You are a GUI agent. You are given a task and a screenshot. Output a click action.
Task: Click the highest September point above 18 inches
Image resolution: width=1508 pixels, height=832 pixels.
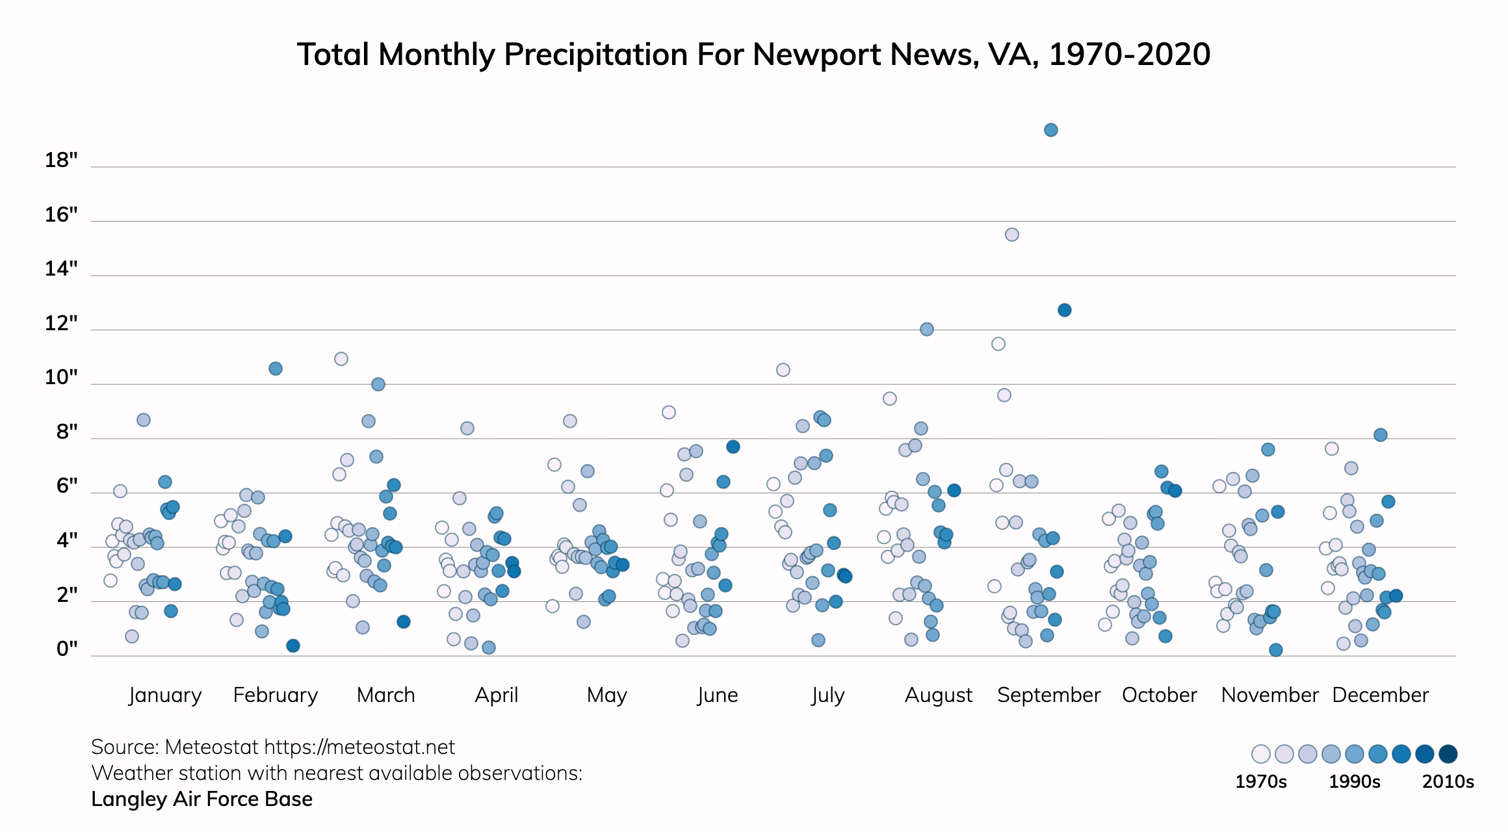tap(1050, 130)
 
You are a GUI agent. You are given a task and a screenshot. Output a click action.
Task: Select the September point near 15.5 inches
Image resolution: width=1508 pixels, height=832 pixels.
tap(1011, 235)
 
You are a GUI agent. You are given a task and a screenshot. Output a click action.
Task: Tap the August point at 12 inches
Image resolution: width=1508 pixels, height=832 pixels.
tap(927, 330)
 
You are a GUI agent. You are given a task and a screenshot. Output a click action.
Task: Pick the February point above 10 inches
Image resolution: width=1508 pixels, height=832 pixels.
tap(276, 369)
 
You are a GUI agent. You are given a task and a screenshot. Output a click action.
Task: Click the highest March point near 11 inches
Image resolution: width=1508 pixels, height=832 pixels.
tap(341, 359)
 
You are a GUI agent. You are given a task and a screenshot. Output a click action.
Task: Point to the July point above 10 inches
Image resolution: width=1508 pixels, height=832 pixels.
tap(783, 370)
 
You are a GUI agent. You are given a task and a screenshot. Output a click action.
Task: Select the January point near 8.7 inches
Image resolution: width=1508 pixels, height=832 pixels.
tap(144, 420)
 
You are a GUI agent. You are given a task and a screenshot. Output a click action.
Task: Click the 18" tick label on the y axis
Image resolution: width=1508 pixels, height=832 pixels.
tap(61, 160)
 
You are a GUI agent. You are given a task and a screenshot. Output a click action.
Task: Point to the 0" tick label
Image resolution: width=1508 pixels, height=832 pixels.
tap(67, 649)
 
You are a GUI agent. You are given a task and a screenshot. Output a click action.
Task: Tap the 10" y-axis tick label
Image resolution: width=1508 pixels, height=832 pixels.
tap(61, 377)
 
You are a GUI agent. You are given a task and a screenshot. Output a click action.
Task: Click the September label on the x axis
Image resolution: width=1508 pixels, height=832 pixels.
tap(1048, 695)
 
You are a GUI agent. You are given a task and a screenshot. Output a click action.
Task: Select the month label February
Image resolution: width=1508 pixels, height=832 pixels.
tap(276, 695)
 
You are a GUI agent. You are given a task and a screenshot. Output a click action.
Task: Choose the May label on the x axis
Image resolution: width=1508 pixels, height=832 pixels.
tap(606, 695)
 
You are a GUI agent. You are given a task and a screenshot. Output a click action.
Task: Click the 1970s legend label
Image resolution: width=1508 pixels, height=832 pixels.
tap(1260, 781)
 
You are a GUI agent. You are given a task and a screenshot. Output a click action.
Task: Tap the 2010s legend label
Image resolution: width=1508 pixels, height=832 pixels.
tap(1448, 781)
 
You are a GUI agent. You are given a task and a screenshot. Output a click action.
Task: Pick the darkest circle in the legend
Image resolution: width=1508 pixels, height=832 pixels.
tap(1448, 754)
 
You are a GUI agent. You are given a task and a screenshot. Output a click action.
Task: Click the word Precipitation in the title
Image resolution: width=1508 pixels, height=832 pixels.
tap(596, 55)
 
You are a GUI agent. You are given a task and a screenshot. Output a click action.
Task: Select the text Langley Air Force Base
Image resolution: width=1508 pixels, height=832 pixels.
tap(201, 799)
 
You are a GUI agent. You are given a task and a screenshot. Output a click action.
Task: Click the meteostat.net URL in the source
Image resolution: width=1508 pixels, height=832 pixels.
tap(359, 747)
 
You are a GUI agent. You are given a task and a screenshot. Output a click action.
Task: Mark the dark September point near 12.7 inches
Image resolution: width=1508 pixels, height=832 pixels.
tap(1064, 310)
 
